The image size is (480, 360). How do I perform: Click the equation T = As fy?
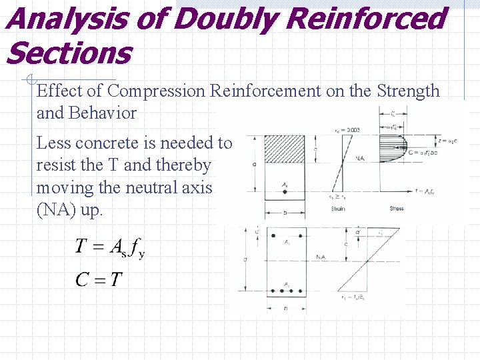point(109,247)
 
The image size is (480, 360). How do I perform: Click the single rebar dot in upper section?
point(285,191)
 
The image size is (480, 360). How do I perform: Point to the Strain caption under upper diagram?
point(339,209)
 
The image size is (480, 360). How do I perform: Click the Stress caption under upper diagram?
point(397,209)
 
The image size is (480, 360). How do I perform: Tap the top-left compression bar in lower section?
point(273,235)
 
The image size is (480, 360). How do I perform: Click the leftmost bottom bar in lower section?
point(273,292)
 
